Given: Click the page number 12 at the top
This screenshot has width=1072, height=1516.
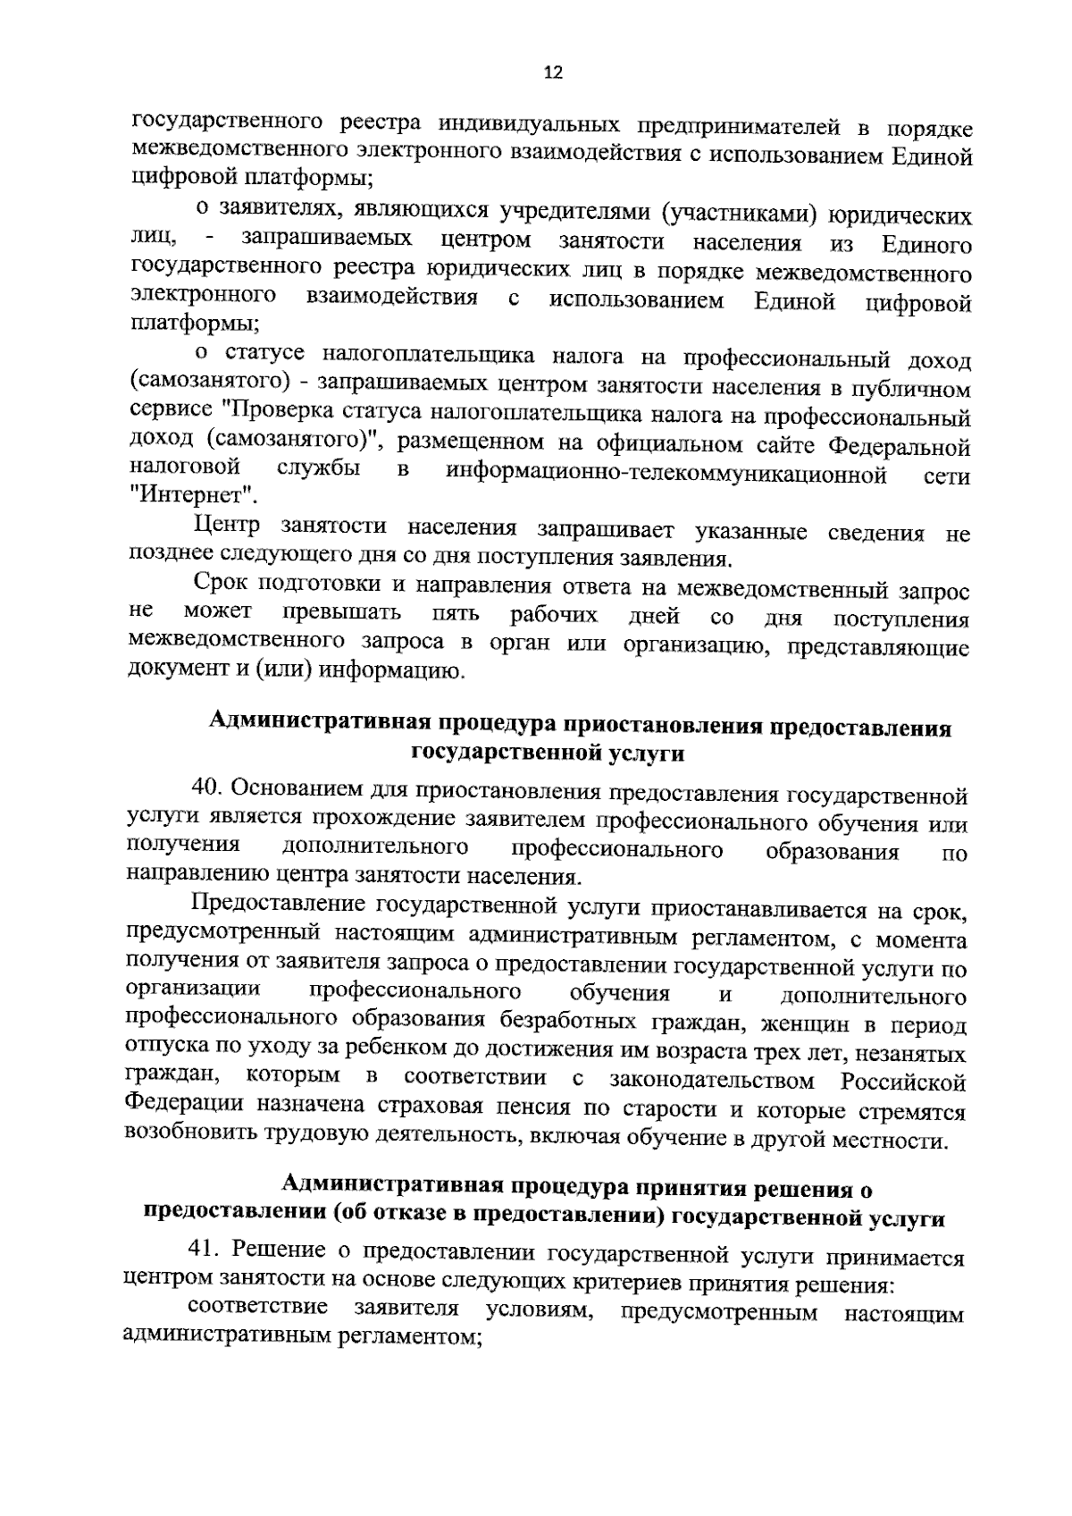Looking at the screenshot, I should click(x=553, y=73).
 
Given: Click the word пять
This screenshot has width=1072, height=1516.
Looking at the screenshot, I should click(x=455, y=615).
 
